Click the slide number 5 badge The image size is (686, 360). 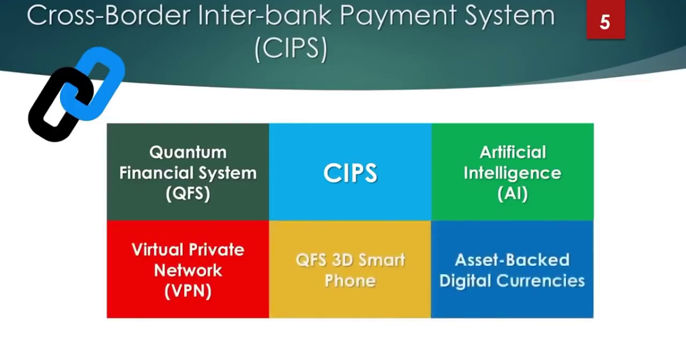(605, 22)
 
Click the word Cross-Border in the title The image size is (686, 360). (106, 16)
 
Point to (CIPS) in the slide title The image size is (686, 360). (291, 49)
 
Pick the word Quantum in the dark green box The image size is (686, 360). (188, 153)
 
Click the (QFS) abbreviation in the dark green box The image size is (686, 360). (188, 194)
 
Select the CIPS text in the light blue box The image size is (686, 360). (350, 173)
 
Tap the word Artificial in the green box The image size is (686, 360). (512, 153)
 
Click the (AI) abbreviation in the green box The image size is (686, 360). (512, 194)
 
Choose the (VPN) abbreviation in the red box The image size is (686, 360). (188, 291)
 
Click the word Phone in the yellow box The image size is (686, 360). (350, 281)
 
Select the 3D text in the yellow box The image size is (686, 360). (347, 260)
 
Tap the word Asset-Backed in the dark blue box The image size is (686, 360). (512, 260)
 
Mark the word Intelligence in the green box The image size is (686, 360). (512, 173)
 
